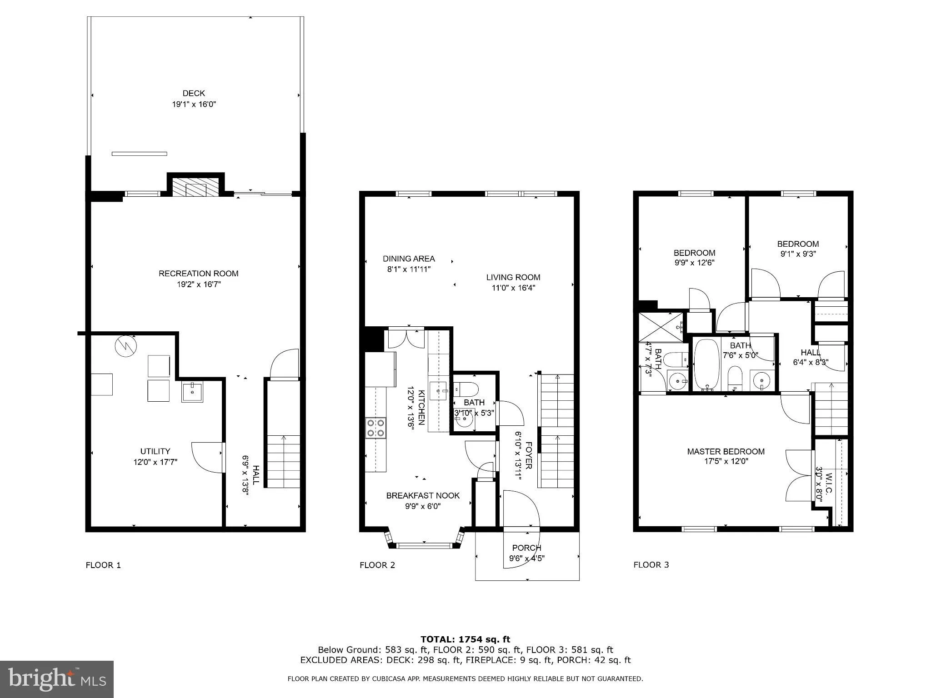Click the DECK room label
194,94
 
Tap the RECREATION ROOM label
199,274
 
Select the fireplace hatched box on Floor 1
196,187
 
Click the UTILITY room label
155,451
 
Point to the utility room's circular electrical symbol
126,346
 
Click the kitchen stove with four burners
375,428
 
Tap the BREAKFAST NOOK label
423,495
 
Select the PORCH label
527,548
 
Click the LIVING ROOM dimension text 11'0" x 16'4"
513,288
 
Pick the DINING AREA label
409,259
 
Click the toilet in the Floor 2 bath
467,389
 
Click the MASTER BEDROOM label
726,451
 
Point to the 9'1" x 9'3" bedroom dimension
798,254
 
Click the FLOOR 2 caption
377,565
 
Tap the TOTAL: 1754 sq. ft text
465,639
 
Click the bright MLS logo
57,679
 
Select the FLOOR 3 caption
651,565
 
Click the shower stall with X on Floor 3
661,327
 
